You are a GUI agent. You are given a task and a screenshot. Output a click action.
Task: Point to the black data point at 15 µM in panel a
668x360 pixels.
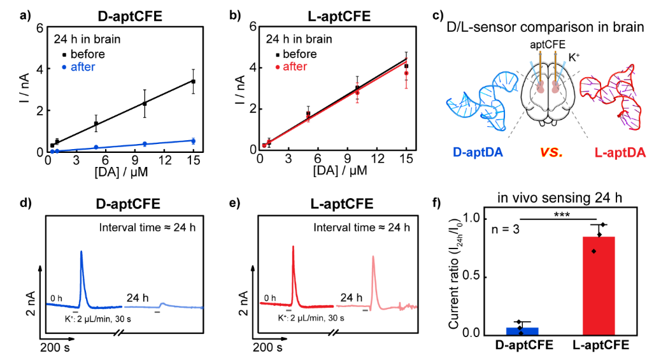[x=193, y=82]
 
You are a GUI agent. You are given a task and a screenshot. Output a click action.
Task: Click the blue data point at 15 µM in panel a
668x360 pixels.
[x=193, y=140]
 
